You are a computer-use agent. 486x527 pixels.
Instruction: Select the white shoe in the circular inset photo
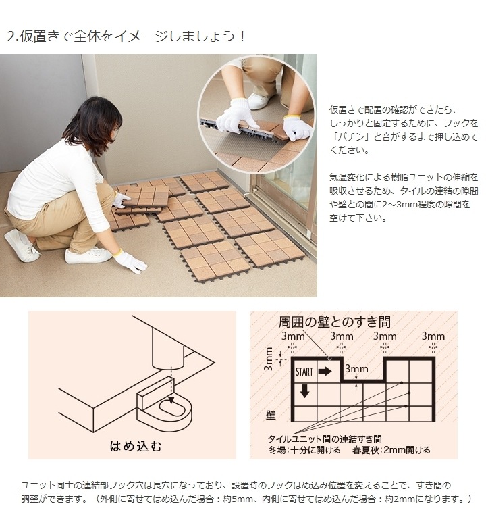coord(260,101)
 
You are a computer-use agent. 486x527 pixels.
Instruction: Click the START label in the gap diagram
coord(304,372)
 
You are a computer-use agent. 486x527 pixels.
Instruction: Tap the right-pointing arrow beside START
coord(325,372)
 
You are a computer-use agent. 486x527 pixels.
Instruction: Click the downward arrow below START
coord(304,391)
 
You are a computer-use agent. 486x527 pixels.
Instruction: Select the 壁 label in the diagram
coord(271,413)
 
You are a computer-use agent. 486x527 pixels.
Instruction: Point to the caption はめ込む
coord(136,446)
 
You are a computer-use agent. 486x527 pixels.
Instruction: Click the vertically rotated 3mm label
coord(269,359)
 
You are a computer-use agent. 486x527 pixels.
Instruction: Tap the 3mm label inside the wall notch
coord(356,369)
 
